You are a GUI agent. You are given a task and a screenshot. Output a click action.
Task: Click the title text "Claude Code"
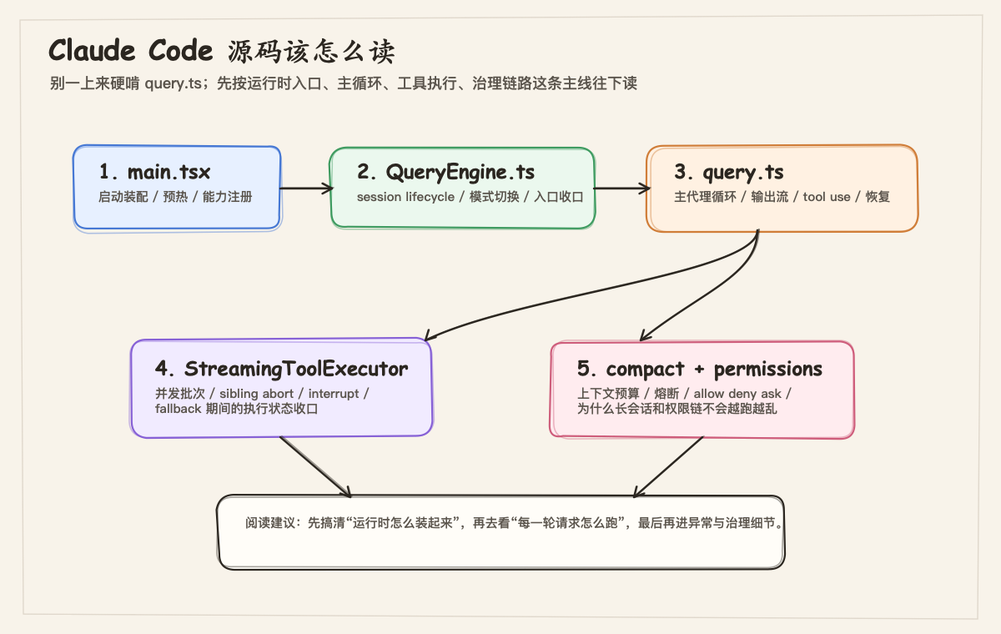131,51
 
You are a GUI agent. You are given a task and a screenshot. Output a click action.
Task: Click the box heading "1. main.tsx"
154,173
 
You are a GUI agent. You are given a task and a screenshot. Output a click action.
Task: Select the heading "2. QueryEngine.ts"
445,173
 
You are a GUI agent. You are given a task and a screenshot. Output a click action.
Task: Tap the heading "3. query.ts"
729,173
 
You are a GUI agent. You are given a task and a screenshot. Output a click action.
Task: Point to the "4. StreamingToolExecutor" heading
281,369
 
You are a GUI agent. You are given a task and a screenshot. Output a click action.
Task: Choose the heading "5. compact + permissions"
699,369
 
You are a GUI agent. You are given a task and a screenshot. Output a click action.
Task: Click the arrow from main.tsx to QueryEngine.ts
305,189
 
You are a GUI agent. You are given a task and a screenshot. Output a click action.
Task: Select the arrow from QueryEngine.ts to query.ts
621,189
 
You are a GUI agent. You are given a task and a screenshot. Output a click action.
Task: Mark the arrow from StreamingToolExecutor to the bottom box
315,465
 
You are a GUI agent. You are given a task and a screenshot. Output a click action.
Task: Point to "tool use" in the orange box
826,197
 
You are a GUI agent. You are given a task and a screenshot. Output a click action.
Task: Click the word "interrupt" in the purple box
333,394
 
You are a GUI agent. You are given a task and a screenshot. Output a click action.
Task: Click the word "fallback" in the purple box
179,409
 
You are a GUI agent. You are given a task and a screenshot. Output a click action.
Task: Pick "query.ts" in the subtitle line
173,83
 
